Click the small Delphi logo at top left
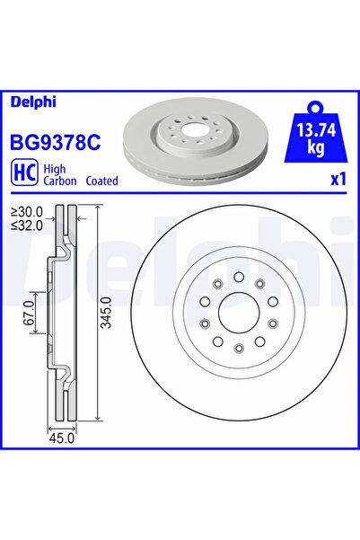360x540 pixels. pos(33,102)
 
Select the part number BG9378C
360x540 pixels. pos(56,142)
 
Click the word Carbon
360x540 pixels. pos(60,181)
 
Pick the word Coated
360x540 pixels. pos(101,181)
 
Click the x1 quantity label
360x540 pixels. pos(338,180)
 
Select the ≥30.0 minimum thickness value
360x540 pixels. pos(27,212)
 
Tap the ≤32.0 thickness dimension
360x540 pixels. pos(27,226)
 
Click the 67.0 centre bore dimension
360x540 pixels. pos(29,313)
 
